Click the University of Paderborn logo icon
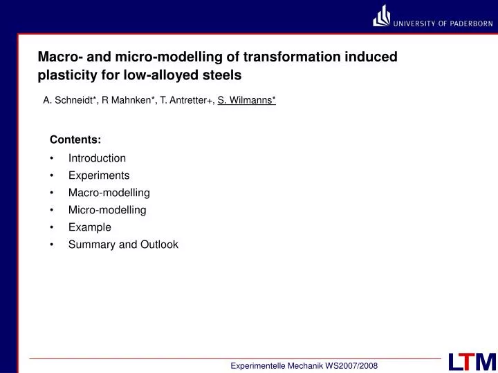(x=381, y=16)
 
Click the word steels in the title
(x=222, y=75)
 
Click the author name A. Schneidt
(x=70, y=101)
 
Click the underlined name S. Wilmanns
(x=246, y=101)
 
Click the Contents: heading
(x=75, y=140)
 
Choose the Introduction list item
(x=97, y=158)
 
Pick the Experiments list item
(x=99, y=175)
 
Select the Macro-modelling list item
(x=109, y=193)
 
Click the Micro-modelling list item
(x=107, y=210)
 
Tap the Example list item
(x=89, y=227)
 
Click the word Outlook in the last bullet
(x=160, y=245)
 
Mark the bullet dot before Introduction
(x=53, y=159)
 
